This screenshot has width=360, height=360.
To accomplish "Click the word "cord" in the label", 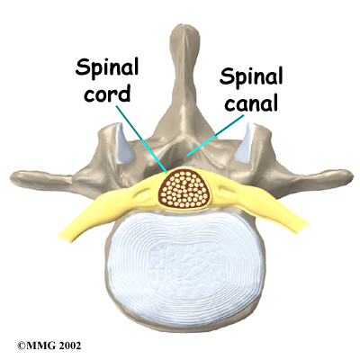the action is [107, 93].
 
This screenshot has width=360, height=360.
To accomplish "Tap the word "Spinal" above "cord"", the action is [107, 68].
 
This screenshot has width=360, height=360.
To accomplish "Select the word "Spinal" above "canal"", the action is [251, 76].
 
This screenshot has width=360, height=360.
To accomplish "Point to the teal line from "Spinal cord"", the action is [141, 139].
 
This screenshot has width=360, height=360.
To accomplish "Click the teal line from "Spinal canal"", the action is [215, 136].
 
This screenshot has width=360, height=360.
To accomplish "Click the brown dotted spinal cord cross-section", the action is [184, 189].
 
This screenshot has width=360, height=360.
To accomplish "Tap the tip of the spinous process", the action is [184, 26].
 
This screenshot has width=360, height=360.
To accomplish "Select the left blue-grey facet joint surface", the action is [123, 143].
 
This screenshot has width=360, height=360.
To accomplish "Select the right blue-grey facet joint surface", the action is [245, 142].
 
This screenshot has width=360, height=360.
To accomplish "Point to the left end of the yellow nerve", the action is [61, 235].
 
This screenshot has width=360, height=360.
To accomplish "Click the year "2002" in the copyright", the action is [69, 346].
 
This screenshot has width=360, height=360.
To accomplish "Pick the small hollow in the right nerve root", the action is [226, 191].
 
